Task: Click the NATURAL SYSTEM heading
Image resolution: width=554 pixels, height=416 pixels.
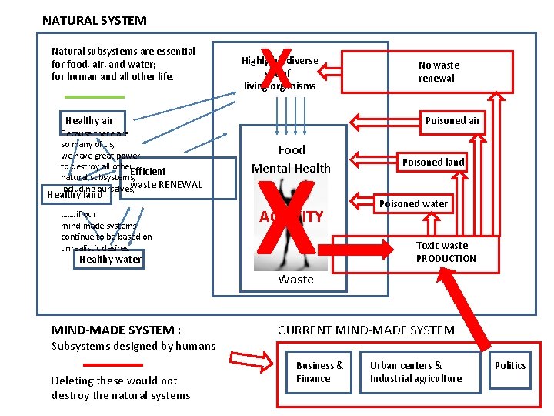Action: click(94, 21)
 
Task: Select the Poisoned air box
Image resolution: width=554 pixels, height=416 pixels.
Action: click(452, 120)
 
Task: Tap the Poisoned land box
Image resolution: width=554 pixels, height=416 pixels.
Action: click(433, 162)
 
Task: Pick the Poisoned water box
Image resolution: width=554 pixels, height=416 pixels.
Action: click(413, 203)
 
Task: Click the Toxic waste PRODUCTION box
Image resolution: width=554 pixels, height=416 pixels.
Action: click(446, 252)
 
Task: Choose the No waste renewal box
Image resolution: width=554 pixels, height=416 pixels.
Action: click(436, 72)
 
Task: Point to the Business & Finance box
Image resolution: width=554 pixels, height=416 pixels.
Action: click(319, 371)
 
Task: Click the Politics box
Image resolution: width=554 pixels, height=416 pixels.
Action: click(509, 365)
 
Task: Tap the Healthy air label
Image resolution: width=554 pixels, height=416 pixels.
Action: click(89, 120)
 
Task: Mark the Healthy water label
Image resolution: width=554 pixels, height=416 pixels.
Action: click(110, 259)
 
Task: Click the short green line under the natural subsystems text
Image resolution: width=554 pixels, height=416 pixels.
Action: click(94, 96)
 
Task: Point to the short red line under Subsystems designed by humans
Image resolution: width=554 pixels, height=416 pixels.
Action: click(112, 364)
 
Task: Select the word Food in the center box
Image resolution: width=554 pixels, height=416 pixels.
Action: click(292, 149)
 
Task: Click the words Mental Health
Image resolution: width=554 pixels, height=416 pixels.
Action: click(292, 168)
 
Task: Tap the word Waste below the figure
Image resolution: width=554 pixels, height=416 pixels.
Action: click(295, 279)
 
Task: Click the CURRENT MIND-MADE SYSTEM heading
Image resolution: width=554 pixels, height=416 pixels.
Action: click(366, 330)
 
